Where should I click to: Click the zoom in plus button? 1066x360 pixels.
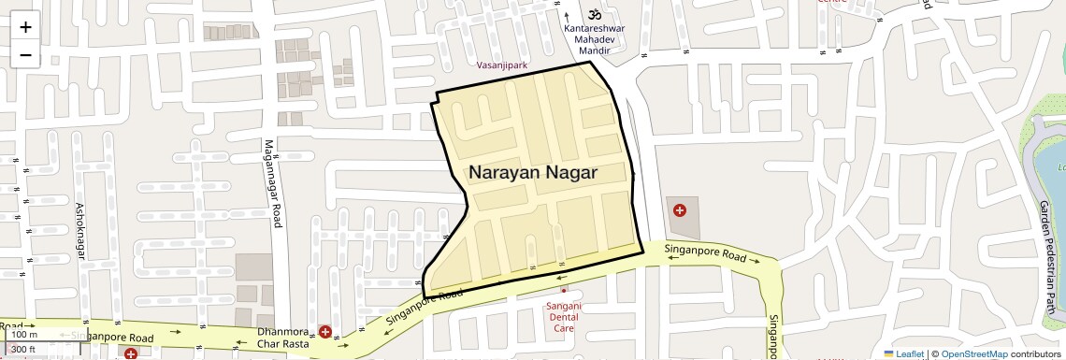(x=25, y=27)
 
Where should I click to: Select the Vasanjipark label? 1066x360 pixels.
(x=502, y=65)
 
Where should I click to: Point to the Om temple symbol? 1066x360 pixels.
(x=592, y=14)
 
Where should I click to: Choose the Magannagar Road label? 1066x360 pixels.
(x=272, y=183)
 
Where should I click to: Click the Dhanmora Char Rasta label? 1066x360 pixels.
(x=283, y=338)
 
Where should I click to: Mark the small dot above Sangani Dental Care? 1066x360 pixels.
(x=563, y=291)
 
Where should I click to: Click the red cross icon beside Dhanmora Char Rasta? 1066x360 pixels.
(x=324, y=332)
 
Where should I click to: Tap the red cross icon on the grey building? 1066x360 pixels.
(x=680, y=210)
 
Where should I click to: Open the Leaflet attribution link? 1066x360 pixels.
(x=904, y=354)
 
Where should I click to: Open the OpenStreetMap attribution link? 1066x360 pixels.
(x=973, y=354)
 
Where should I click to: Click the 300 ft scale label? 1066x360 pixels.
(x=23, y=350)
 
